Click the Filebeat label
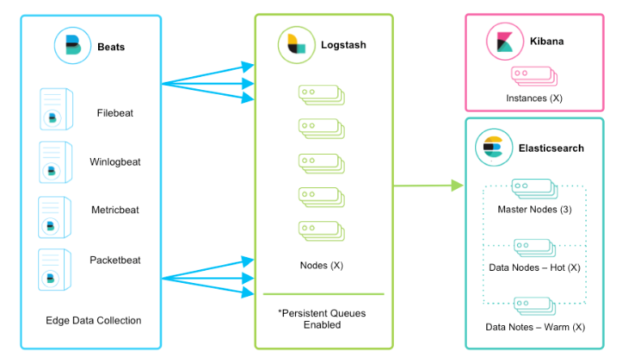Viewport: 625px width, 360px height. click(115, 114)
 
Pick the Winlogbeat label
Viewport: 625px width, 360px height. click(115, 161)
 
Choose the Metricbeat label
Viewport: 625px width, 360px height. click(115, 210)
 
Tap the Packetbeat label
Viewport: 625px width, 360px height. click(115, 260)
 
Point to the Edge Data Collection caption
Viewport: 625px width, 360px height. click(93, 320)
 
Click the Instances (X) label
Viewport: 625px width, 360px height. click(534, 98)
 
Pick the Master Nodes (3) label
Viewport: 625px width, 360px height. click(534, 209)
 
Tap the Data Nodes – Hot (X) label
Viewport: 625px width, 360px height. click(534, 267)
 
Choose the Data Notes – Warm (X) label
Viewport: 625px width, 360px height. click(534, 327)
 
